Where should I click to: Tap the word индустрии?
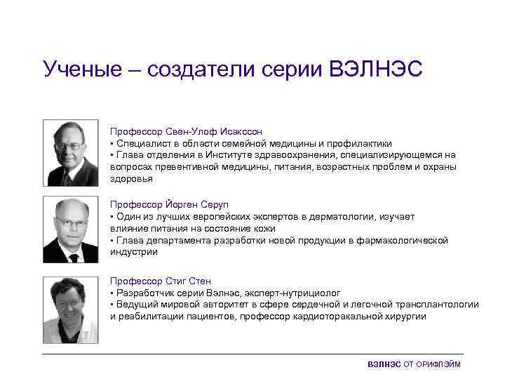[130, 252]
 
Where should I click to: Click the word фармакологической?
[408, 241]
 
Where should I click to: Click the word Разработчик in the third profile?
[143, 293]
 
